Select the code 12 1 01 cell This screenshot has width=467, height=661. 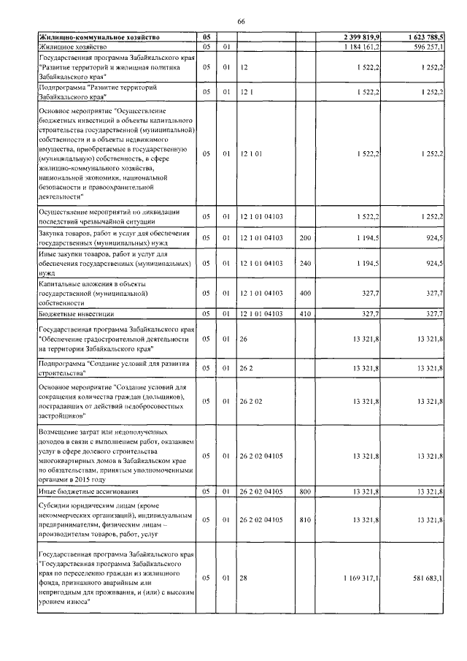click(x=251, y=154)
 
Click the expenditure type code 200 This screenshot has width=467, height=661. click(x=305, y=238)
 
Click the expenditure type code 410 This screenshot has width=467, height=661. click(x=305, y=313)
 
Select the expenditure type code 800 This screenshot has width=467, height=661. click(x=305, y=492)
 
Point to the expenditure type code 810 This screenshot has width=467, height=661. click(x=305, y=519)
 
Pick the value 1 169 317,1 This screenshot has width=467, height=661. click(x=360, y=578)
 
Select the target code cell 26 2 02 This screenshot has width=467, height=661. click(x=252, y=400)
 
